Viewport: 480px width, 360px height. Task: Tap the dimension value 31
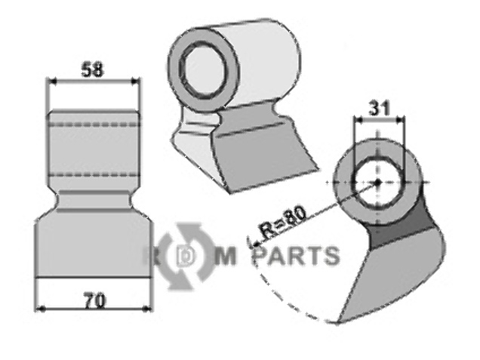click(380, 109)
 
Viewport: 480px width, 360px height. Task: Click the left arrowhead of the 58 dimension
click(51, 80)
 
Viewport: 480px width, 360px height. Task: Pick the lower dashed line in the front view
click(93, 174)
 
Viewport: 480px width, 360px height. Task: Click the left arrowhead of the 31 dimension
click(356, 120)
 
